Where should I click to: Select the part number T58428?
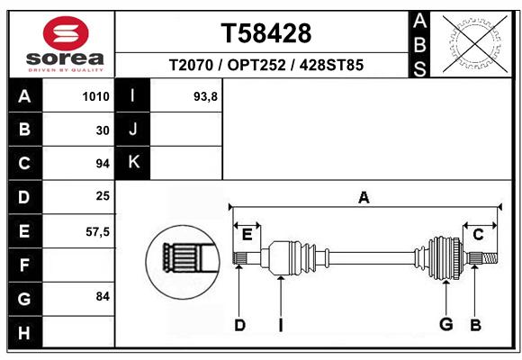click(266, 33)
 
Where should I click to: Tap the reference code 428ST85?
click(331, 66)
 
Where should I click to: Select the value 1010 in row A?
click(95, 96)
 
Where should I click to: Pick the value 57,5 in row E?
click(97, 231)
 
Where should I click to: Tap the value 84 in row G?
click(102, 296)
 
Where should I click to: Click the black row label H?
click(24, 332)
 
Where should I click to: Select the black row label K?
click(133, 162)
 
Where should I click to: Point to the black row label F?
click(24, 265)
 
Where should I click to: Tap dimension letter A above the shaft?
click(364, 197)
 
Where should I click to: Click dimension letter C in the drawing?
click(479, 234)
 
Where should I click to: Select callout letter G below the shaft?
click(445, 325)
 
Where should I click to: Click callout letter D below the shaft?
click(239, 325)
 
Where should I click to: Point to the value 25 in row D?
click(102, 195)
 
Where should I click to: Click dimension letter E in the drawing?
click(247, 234)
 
